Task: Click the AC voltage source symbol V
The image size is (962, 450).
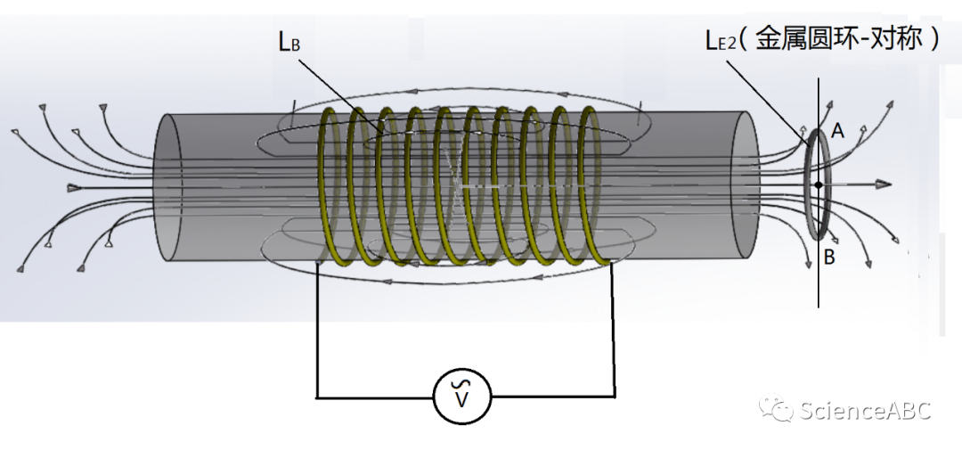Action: (461, 396)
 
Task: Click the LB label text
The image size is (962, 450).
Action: (288, 41)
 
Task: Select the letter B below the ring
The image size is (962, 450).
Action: (829, 258)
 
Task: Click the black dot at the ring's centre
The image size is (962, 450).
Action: (818, 184)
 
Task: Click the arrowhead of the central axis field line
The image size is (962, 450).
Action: (883, 184)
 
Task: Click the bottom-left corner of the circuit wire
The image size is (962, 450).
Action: (317, 396)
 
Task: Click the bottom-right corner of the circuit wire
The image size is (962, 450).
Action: (614, 396)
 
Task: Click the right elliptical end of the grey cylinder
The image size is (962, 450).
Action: (745, 187)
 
